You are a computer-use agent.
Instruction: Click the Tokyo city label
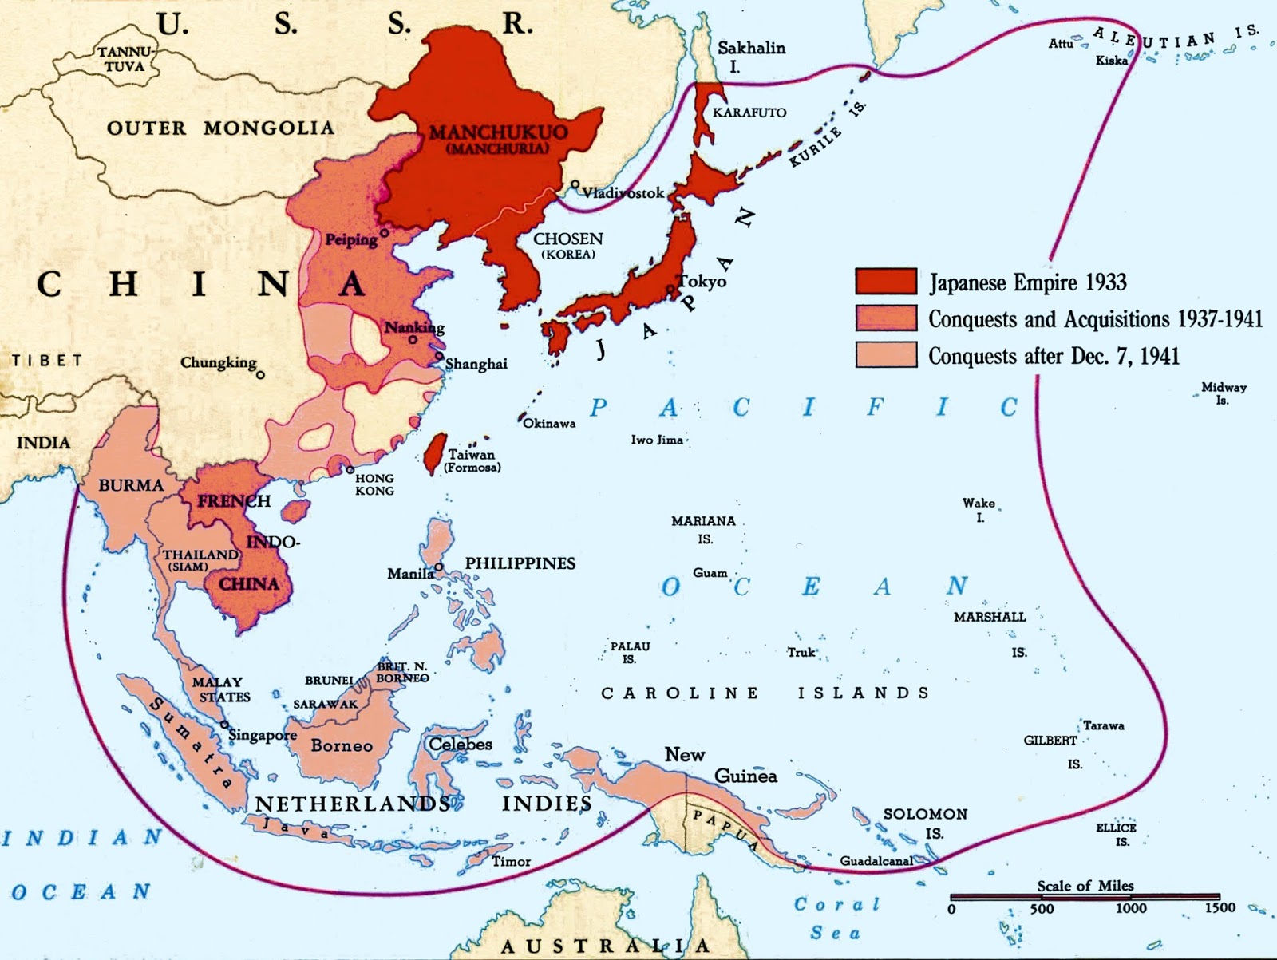(703, 281)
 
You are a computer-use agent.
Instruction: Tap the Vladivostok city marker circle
(575, 184)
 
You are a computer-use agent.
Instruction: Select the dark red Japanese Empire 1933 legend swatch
(886, 281)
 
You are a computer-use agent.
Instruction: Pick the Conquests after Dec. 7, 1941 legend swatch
(886, 355)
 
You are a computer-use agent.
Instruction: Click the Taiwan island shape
(434, 453)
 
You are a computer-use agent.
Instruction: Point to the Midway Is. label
(1224, 393)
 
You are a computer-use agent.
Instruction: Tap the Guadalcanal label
(876, 861)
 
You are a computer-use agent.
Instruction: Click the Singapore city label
(263, 734)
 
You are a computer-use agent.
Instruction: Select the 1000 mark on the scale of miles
(1130, 907)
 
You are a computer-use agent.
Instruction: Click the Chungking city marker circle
(260, 373)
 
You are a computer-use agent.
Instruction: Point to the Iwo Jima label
(657, 440)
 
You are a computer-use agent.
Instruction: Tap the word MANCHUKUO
(498, 132)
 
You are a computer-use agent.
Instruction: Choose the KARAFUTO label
(749, 113)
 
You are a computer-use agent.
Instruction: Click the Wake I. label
(979, 510)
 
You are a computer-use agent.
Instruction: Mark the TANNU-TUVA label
(125, 59)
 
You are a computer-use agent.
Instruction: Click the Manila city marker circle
(439, 567)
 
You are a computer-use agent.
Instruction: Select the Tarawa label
(1103, 725)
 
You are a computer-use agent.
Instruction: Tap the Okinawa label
(549, 423)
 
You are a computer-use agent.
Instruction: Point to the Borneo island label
(342, 745)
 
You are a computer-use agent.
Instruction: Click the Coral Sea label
(836, 918)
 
